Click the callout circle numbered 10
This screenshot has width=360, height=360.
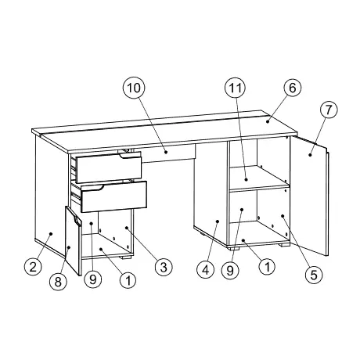(133, 88)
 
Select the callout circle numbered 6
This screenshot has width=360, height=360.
(291, 88)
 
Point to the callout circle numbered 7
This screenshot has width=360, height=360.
(328, 110)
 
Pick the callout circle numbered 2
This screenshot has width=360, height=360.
(32, 267)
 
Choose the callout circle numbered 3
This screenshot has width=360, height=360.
(162, 268)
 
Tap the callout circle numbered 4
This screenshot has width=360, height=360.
(205, 271)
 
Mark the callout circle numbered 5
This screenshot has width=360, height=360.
(312, 274)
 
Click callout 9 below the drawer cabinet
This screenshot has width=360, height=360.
(93, 279)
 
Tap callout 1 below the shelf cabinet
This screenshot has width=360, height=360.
(266, 267)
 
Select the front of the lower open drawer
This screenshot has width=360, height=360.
(113, 196)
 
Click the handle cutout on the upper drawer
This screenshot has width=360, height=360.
(123, 157)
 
